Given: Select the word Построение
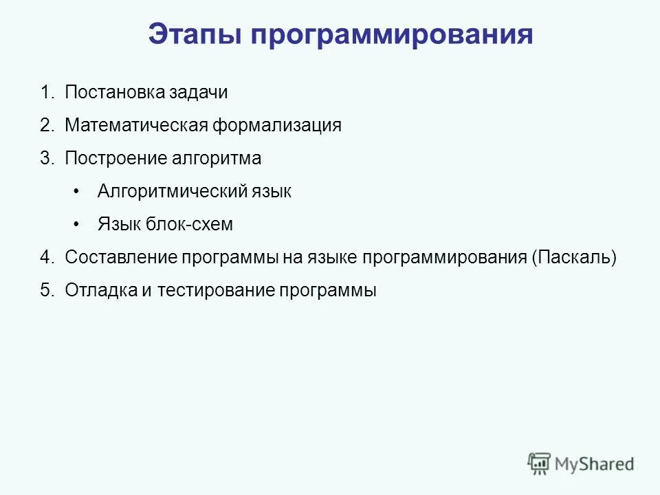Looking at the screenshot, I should tap(114, 159).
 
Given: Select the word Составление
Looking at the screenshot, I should tap(120, 258).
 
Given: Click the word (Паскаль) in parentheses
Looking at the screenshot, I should tap(574, 258).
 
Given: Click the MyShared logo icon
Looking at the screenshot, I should tap(539, 463).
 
